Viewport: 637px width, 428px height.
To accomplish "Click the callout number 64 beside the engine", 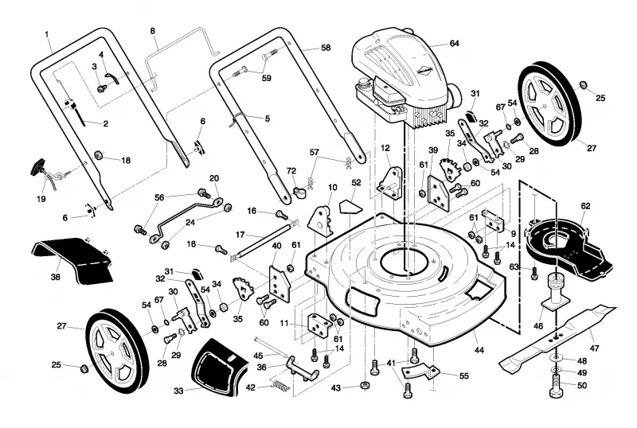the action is [454, 44].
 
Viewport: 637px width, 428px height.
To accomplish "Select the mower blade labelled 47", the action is [557, 338].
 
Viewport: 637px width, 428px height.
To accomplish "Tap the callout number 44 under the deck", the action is [479, 349].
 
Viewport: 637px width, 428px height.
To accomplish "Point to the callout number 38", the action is [55, 277].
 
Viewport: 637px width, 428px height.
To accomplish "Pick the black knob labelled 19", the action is [38, 167].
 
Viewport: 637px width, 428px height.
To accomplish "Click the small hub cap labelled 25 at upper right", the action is [584, 84].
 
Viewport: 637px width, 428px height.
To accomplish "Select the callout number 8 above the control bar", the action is [153, 31].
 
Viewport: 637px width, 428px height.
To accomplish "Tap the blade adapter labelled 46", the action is [556, 294].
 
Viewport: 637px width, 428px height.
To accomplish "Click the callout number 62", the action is [585, 206].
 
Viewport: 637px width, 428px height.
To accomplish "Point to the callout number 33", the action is [178, 391].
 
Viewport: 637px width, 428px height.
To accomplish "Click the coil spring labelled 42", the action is [280, 385].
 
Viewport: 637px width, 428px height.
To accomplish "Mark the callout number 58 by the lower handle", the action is [326, 48].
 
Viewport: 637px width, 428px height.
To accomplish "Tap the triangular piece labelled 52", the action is [350, 206].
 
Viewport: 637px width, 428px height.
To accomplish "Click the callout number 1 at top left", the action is [47, 34].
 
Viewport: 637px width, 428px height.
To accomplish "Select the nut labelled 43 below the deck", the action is [365, 384].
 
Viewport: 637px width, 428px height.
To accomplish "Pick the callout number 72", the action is [291, 171].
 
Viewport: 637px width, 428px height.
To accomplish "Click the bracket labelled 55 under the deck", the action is [421, 373].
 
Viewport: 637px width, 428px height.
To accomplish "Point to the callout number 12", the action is [385, 149].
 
